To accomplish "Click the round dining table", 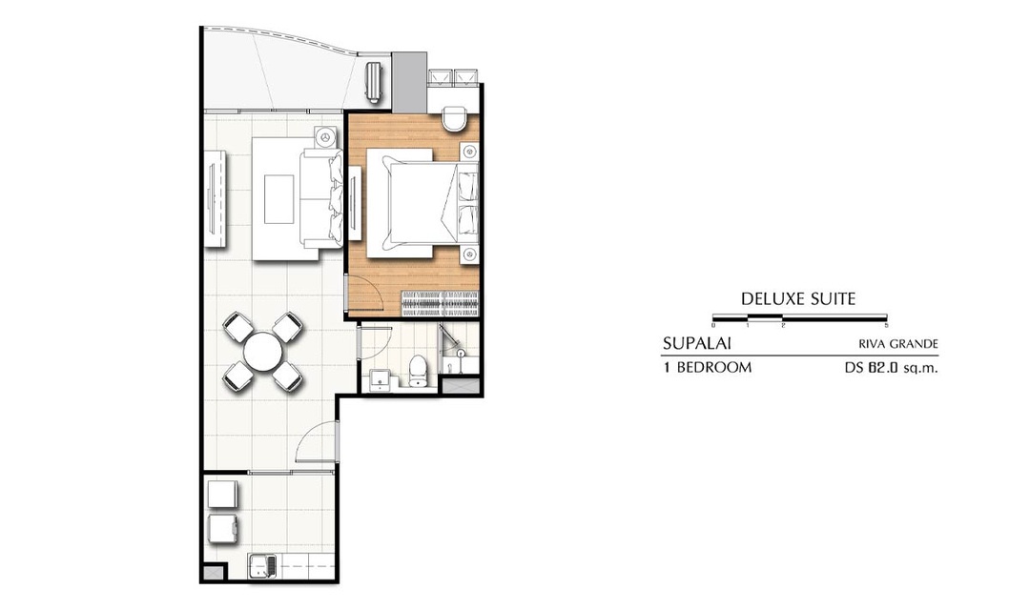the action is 263,352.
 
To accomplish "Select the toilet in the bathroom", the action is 418,370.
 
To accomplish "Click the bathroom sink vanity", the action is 380,380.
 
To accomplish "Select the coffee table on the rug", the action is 279,198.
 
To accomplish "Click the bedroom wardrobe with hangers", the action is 440,303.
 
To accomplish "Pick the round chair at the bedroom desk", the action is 454,119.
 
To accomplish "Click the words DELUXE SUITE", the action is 798,299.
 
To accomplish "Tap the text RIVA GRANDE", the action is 898,344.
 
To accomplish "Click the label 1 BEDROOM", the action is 708,368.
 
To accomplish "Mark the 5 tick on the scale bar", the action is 887,325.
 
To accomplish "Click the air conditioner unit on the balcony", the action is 374,83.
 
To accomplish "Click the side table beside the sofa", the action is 325,138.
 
